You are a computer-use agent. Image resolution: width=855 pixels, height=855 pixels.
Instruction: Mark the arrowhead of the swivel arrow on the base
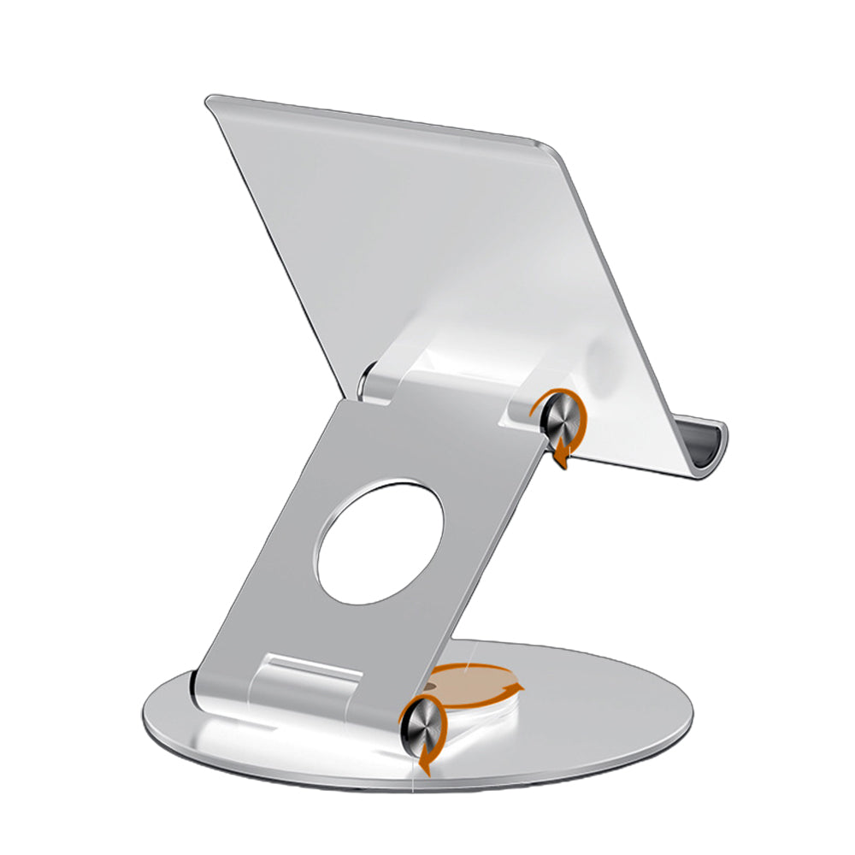click(514, 689)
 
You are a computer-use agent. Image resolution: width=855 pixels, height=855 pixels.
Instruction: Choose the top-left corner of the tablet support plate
click(210, 102)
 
